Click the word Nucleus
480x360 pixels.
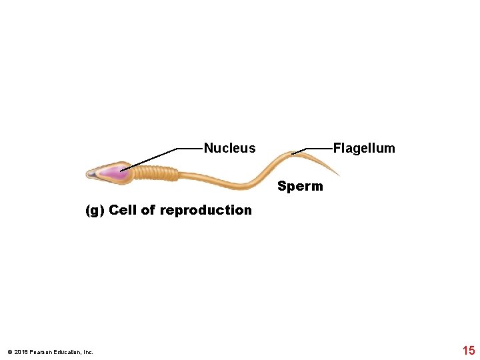[229, 148]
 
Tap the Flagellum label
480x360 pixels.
[364, 148]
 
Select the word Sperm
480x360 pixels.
[300, 186]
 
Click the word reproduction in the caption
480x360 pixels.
[206, 210]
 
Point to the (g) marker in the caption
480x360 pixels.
[95, 211]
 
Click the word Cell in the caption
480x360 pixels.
[123, 210]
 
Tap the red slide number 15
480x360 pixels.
[468, 351]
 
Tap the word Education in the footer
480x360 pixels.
[61, 352]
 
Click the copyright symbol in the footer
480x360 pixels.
[9, 352]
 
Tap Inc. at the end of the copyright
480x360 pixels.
[88, 352]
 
